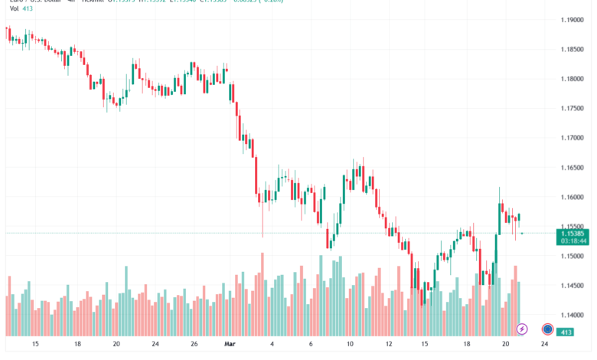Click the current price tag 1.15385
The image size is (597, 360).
tap(573, 233)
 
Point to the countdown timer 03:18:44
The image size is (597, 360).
tap(573, 241)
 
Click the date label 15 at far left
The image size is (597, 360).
tap(35, 345)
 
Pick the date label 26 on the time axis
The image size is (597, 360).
tap(194, 345)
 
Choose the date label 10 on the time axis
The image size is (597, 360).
tap(350, 345)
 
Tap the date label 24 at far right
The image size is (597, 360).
tap(543, 345)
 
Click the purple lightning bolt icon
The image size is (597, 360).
tap(523, 329)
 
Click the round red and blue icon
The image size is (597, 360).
tap(548, 329)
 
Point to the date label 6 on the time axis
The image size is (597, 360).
tap(311, 345)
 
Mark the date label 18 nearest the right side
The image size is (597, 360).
tap(466, 345)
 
